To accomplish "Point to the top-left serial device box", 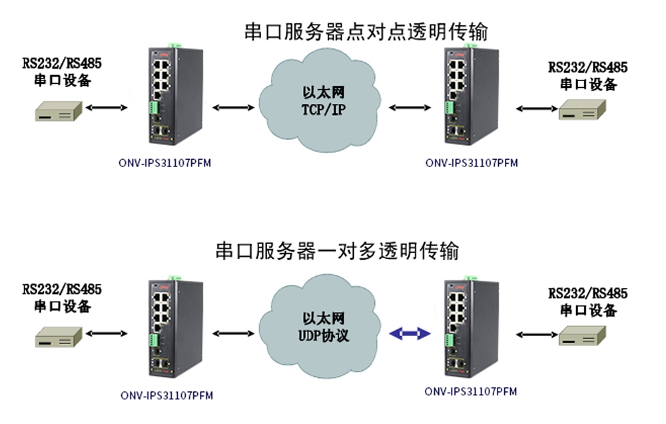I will (x=59, y=111).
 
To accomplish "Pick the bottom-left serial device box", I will (x=59, y=335).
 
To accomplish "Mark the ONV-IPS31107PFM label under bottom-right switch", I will (x=471, y=391).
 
